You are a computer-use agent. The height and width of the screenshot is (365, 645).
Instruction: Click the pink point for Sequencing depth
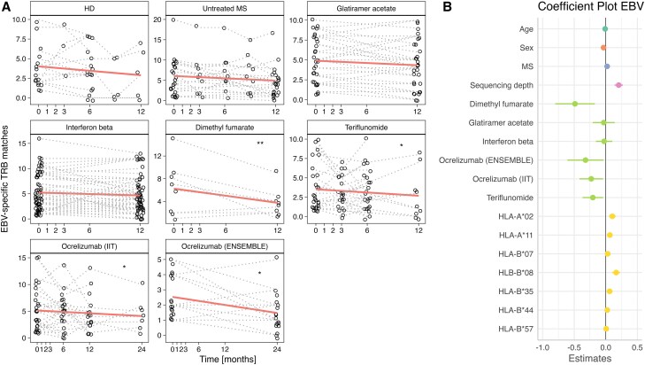[x=618, y=85]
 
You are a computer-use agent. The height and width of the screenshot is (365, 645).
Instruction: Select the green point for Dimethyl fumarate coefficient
[x=574, y=104]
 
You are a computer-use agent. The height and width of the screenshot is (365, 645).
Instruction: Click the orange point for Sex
[x=603, y=48]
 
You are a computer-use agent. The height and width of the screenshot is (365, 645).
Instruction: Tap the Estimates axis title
[x=594, y=359]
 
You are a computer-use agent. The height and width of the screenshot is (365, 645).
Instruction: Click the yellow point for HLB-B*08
[x=616, y=273]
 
